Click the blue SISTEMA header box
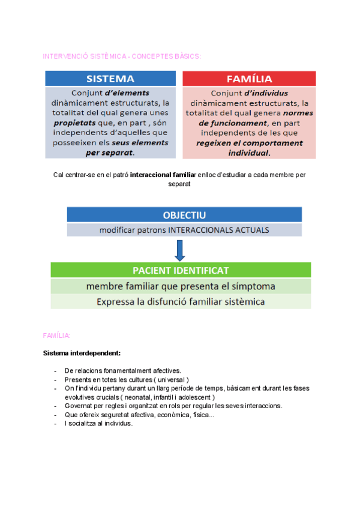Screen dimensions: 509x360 point(110,79)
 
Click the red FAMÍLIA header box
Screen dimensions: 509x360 point(249,79)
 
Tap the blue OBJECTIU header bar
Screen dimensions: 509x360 point(184,215)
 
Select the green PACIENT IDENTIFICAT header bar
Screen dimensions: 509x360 point(181,270)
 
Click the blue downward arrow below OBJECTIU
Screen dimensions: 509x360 point(179,250)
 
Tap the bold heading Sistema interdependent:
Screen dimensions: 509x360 point(82,354)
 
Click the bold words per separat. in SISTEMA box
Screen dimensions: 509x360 point(110,152)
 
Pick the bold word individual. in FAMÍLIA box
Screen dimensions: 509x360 point(249,152)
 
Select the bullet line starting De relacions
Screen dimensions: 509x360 point(122,371)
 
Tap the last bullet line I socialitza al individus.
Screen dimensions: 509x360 point(98,423)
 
